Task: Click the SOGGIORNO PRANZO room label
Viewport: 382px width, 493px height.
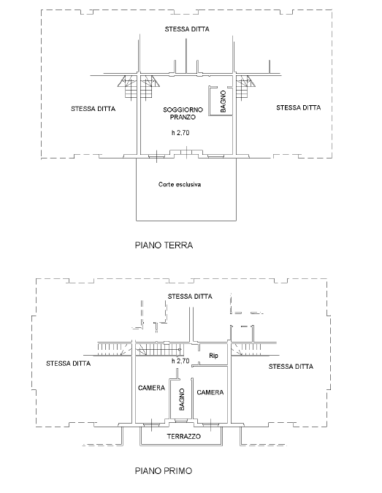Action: [183, 113]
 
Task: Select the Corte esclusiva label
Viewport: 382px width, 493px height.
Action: [180, 185]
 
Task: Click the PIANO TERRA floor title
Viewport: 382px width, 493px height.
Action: [164, 245]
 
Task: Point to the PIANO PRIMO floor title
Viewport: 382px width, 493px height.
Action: [164, 470]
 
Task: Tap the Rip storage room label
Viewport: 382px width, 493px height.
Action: [213, 356]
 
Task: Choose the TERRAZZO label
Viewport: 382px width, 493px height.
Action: [183, 437]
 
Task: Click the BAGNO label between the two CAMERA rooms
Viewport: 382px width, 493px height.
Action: [181, 400]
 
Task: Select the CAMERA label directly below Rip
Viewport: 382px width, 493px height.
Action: [210, 392]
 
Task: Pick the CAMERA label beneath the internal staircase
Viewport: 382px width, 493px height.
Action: [151, 388]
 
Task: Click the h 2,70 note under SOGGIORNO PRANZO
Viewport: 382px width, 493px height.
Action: [180, 133]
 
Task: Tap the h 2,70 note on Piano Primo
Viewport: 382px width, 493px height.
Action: [180, 361]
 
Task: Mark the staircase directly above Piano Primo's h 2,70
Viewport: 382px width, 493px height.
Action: [159, 350]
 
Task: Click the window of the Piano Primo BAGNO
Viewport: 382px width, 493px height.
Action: [180, 421]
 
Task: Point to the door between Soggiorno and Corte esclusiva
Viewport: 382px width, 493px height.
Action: [186, 152]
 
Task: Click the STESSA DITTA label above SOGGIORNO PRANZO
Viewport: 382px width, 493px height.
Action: [187, 29]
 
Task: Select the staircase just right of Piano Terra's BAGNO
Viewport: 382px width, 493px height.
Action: [245, 88]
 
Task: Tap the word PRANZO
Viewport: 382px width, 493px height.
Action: [183, 118]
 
